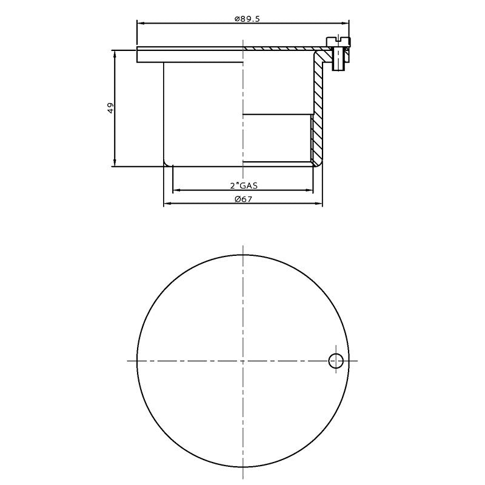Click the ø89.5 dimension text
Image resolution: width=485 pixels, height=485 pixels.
pos(247,19)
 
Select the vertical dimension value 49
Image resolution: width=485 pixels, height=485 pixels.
pos(110,108)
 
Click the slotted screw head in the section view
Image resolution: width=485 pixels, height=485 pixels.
pos(339,41)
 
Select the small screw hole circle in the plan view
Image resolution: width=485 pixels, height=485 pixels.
pos(336,361)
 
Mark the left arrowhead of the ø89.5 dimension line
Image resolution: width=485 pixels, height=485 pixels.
pos(141,24)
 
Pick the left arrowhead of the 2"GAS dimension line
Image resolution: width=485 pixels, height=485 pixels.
pos(176,190)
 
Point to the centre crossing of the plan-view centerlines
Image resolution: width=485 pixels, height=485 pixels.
pos(242,361)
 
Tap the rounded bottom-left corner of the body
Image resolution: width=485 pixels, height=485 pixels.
pos(166,163)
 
